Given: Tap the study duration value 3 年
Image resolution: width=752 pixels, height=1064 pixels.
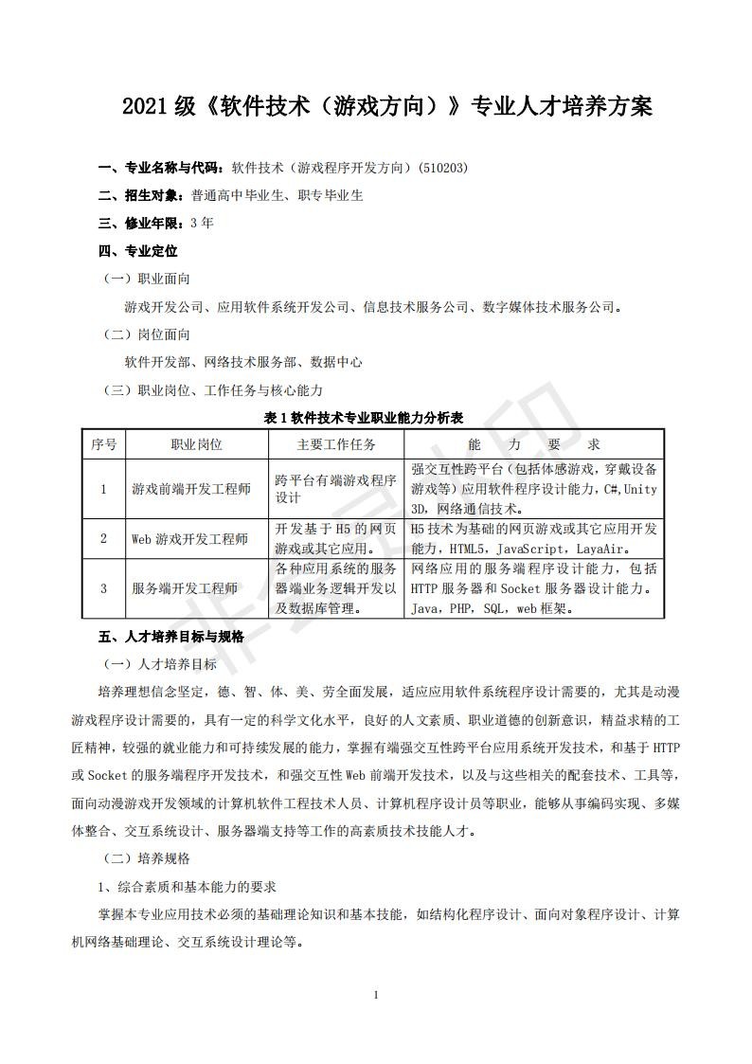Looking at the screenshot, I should coord(202,224).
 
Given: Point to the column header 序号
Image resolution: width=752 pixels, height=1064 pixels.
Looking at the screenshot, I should coord(103,444).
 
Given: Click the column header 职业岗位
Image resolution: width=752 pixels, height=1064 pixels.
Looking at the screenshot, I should coord(197,444).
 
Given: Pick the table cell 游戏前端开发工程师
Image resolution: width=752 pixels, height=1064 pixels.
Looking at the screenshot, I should coord(191,489).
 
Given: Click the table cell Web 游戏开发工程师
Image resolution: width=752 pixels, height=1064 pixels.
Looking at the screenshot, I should coord(189,539).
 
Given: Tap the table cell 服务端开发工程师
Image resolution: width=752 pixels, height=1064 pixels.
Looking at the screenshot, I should coord(185,588).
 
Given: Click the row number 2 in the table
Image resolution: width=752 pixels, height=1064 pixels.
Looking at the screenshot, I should coord(103,539).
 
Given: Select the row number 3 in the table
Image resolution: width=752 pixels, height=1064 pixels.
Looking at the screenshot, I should coord(103,588).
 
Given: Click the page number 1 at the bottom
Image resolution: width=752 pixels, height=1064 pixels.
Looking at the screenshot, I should coord(376,995).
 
